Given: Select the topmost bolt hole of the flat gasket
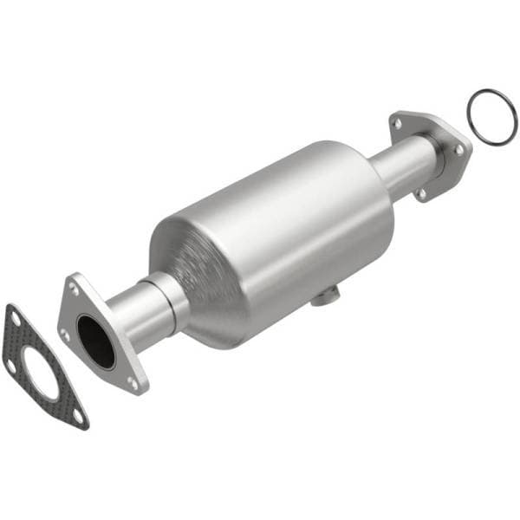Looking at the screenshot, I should coord(15,320).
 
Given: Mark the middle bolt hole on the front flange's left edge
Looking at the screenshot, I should coord(66,333).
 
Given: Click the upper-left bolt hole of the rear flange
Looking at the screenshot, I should coord(397,124).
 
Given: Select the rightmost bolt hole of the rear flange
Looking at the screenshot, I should coord(458,150).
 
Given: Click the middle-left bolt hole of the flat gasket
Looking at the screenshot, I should coord(10,364).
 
